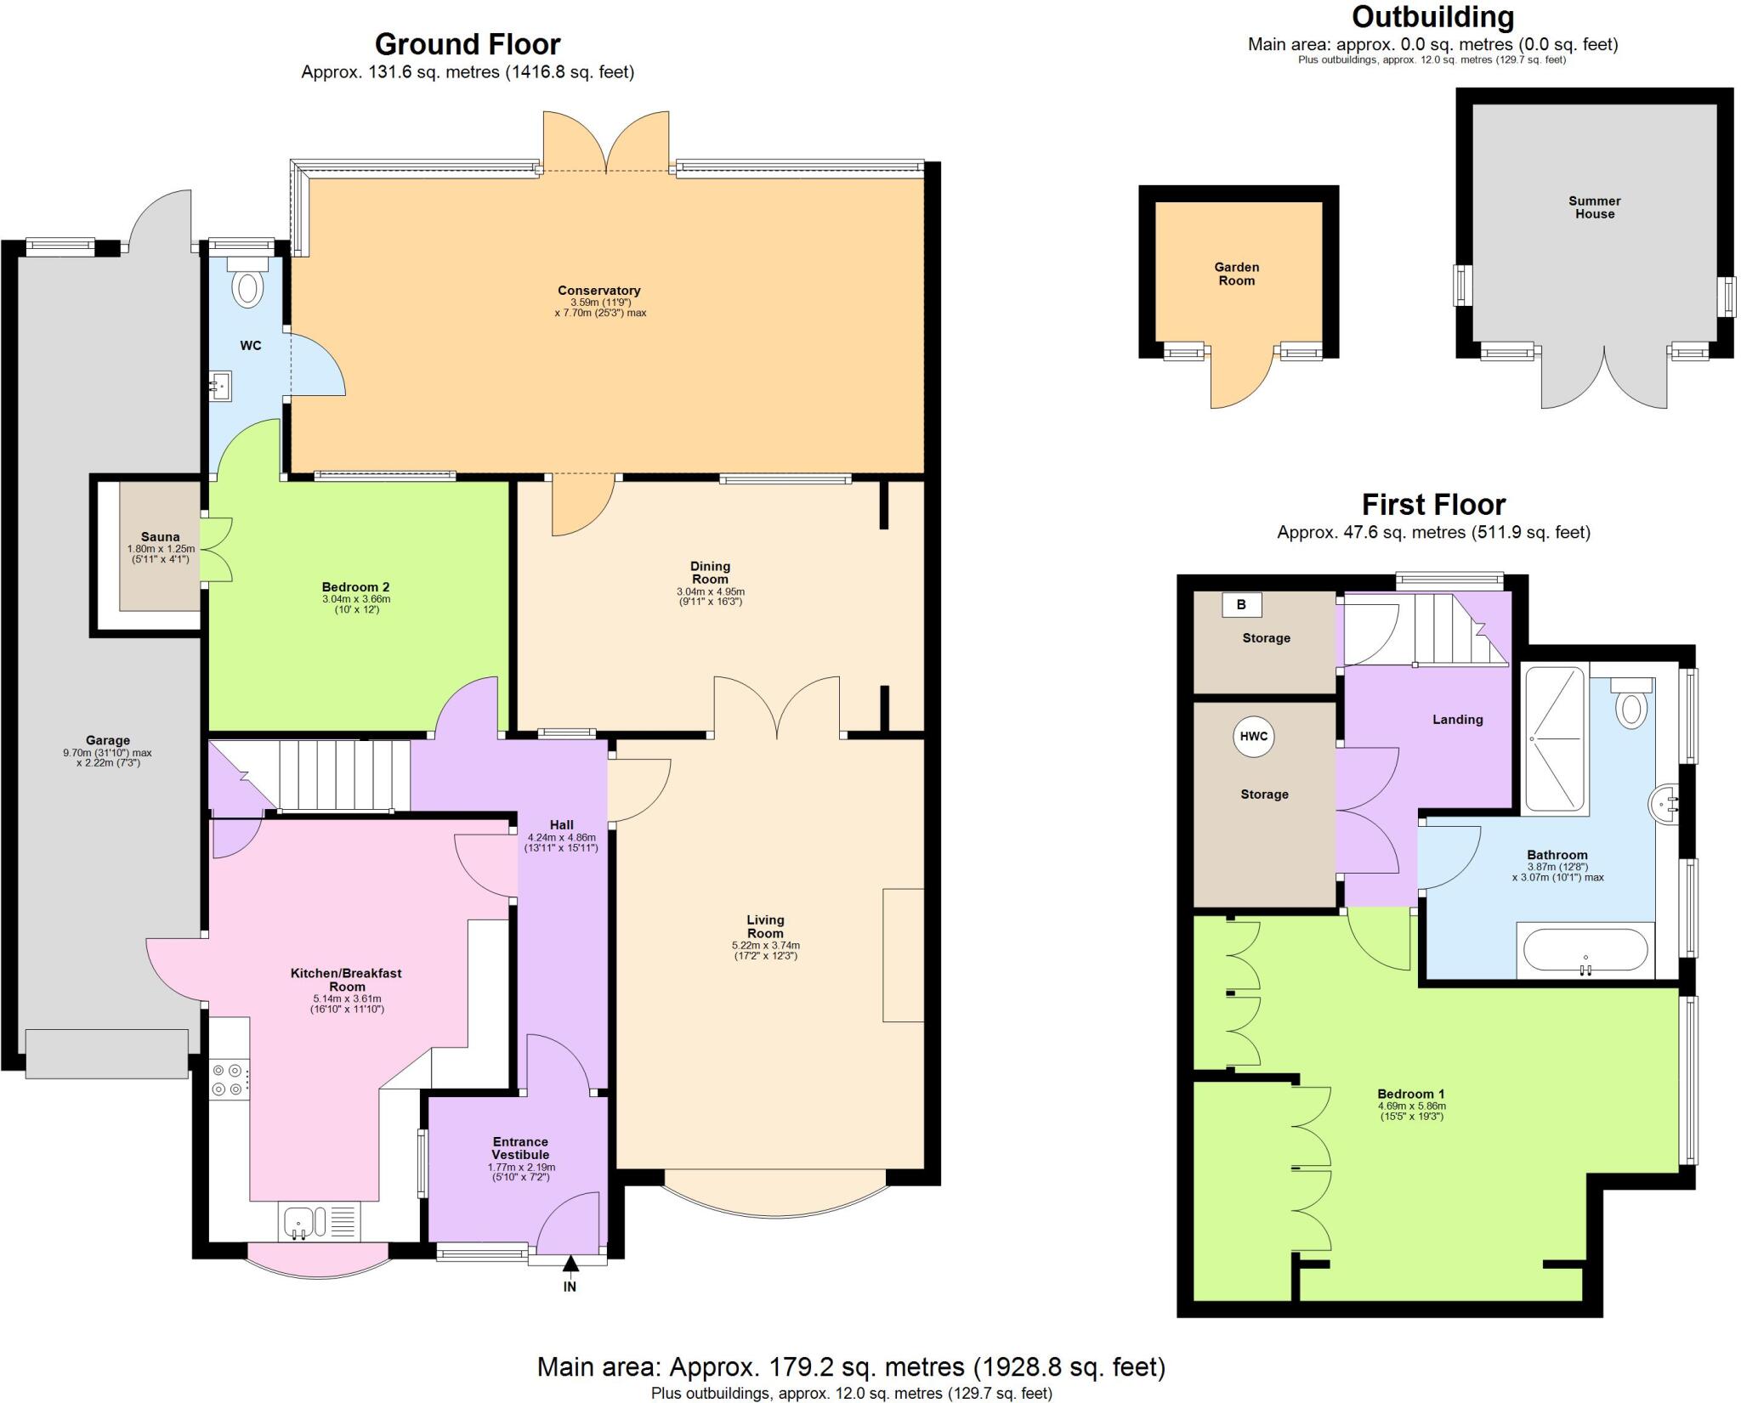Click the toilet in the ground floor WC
pyautogui.click(x=247, y=285)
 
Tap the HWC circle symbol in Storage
pyautogui.click(x=1253, y=737)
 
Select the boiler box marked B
pyautogui.click(x=1241, y=605)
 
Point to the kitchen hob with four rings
pyautogui.click(x=230, y=1078)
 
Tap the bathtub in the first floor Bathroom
pyautogui.click(x=1585, y=950)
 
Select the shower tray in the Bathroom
pyautogui.click(x=1555, y=738)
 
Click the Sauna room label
pyautogui.click(x=160, y=537)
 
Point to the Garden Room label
pyautogui.click(x=1236, y=274)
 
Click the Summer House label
pyautogui.click(x=1594, y=207)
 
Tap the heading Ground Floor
pyautogui.click(x=468, y=44)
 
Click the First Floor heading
pyautogui.click(x=1433, y=505)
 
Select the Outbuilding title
pyautogui.click(x=1432, y=17)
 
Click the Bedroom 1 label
pyautogui.click(x=1411, y=1094)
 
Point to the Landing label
pyautogui.click(x=1457, y=719)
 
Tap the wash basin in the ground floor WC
pyautogui.click(x=220, y=387)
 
